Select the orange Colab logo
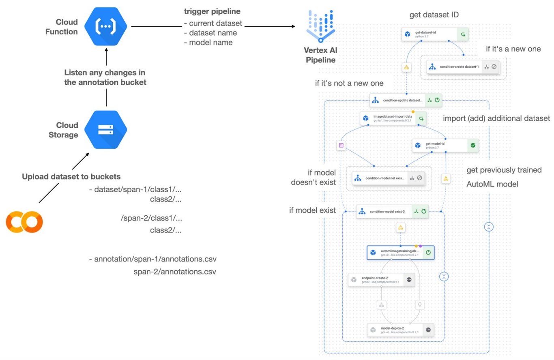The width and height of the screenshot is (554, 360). (24, 222)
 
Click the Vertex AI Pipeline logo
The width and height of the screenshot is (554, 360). (320, 26)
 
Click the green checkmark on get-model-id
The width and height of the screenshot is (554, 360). (472, 145)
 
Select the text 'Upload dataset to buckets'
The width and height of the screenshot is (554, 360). (71, 177)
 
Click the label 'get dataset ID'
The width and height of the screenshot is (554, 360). (434, 15)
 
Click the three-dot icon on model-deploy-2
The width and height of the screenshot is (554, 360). (428, 330)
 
